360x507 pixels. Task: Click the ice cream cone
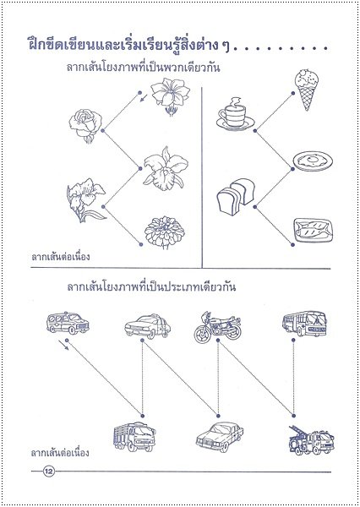tap(306, 90)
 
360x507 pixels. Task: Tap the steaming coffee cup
tap(235, 114)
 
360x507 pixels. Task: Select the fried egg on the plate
tap(314, 161)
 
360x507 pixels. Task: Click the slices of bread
tap(236, 197)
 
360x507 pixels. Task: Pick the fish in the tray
tap(314, 230)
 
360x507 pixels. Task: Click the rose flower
tap(85, 125)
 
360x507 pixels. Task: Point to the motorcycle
tap(218, 327)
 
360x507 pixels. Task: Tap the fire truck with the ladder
tap(311, 440)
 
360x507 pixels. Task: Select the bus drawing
tap(304, 324)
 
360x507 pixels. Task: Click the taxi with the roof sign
tap(148, 326)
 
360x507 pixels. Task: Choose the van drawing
tap(68, 323)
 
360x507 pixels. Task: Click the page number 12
tap(49, 472)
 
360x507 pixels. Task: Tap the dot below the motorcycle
tap(218, 341)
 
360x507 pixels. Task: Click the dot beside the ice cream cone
tap(292, 93)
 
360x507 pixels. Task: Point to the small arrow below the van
tap(63, 346)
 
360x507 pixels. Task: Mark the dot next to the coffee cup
tap(255, 131)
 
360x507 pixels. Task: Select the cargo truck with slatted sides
tap(134, 437)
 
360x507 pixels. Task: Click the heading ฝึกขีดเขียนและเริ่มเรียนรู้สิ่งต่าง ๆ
tap(128, 45)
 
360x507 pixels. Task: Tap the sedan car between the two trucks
tap(220, 437)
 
